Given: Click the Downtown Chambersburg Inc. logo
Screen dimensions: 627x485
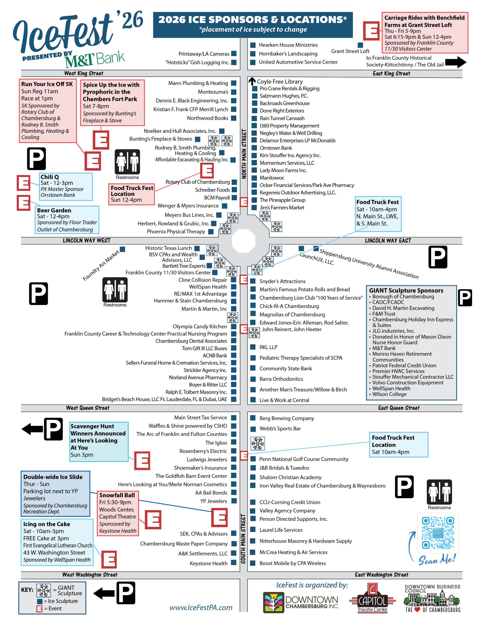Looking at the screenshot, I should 301,602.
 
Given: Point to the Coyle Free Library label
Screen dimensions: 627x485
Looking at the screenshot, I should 280,82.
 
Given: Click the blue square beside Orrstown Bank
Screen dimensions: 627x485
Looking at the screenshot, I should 254,148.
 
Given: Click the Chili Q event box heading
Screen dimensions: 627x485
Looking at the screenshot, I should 50,177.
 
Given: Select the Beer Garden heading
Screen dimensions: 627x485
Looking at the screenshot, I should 54,210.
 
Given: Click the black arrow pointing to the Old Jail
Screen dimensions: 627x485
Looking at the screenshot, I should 455,62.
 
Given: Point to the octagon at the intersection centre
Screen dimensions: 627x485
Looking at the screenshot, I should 243,240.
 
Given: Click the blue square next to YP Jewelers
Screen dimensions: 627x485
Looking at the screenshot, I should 234,501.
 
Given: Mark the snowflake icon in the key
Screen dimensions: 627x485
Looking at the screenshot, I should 44,591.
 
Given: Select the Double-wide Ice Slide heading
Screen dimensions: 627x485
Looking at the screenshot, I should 53,477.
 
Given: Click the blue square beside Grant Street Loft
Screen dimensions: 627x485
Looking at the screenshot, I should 360,45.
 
